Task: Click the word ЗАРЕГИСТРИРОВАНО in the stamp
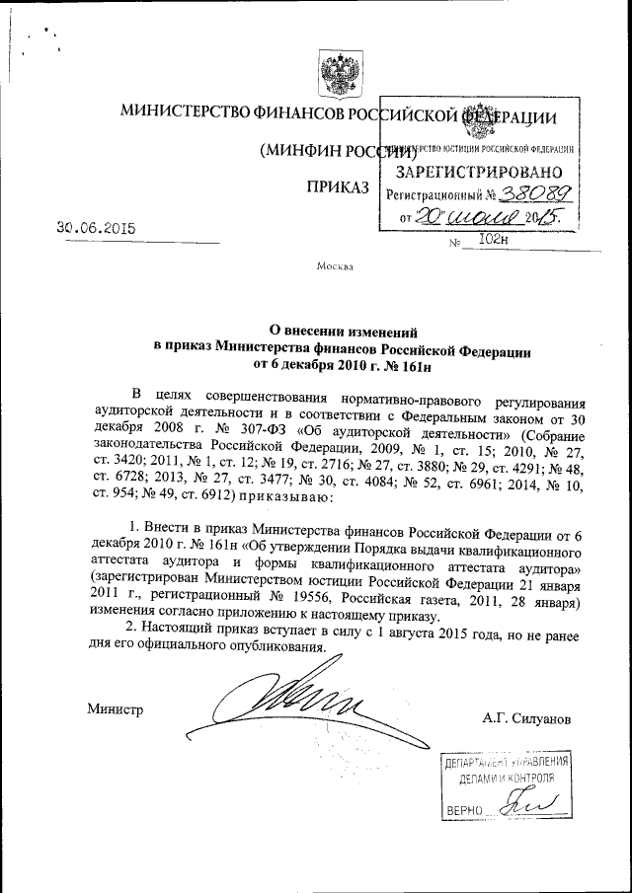point(473,172)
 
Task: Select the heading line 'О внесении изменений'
point(343,333)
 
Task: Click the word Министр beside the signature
point(115,708)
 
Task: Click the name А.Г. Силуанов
point(527,718)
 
